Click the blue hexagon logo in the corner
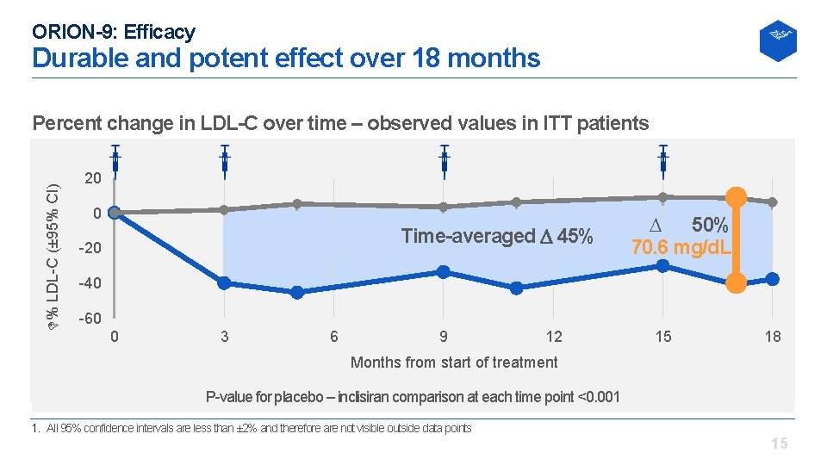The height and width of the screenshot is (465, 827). pyautogui.click(x=777, y=40)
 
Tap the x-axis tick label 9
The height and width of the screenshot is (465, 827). pyautogui.click(x=444, y=337)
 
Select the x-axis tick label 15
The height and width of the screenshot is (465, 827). pyautogui.click(x=662, y=337)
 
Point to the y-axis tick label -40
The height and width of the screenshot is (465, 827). pyautogui.click(x=90, y=284)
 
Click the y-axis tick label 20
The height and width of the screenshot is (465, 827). pyautogui.click(x=93, y=178)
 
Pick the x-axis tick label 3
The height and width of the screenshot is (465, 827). pyautogui.click(x=225, y=337)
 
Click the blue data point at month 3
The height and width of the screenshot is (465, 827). pyautogui.click(x=224, y=283)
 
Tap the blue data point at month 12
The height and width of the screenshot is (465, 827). pyautogui.click(x=517, y=288)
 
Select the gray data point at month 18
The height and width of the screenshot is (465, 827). pyautogui.click(x=773, y=202)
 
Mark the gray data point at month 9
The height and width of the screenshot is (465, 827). pyautogui.click(x=444, y=207)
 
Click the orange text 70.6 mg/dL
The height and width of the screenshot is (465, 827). pyautogui.click(x=681, y=249)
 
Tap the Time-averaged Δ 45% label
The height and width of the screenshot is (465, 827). pyautogui.click(x=497, y=236)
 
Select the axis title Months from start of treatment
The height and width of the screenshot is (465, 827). pyautogui.click(x=454, y=363)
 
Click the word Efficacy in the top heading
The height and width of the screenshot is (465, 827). pyautogui.click(x=159, y=33)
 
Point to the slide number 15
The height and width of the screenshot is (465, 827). pyautogui.click(x=779, y=444)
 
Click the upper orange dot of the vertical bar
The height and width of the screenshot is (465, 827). pyautogui.click(x=736, y=195)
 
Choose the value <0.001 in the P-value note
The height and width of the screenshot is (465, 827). pyautogui.click(x=598, y=397)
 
